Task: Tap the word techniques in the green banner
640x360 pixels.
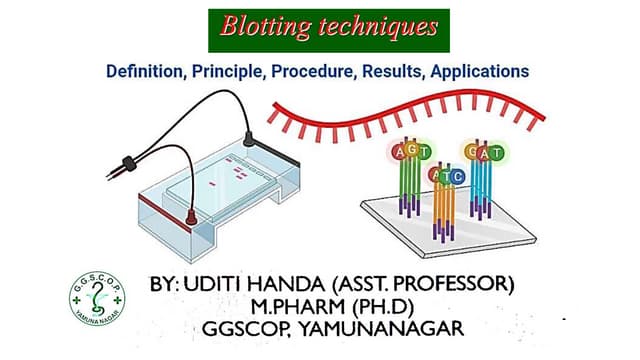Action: [378, 27]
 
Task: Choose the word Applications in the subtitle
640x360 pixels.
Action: [479, 72]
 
